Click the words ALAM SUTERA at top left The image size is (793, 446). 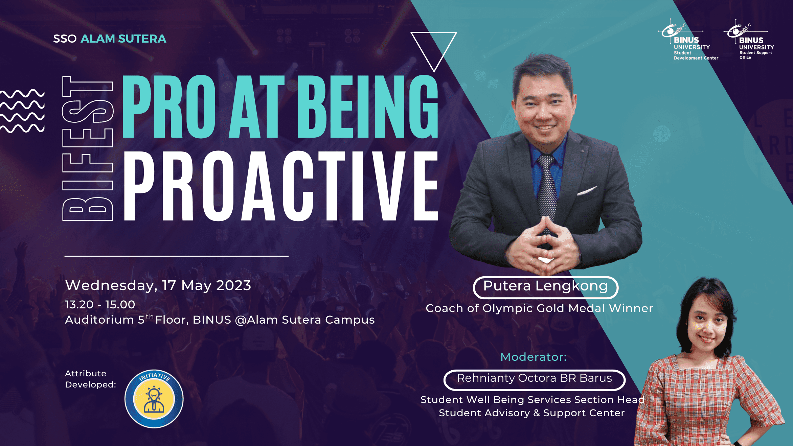pyautogui.click(x=123, y=39)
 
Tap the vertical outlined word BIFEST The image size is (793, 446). pyautogui.click(x=88, y=148)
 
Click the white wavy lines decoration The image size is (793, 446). pyautogui.click(x=22, y=111)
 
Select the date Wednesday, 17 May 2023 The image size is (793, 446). pyautogui.click(x=158, y=285)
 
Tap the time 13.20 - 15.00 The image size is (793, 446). pyautogui.click(x=100, y=304)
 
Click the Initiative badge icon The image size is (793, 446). pyautogui.click(x=154, y=399)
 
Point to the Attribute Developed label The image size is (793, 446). pyautogui.click(x=90, y=379)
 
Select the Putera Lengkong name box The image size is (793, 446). pyautogui.click(x=545, y=287)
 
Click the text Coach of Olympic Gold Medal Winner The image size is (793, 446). pyautogui.click(x=539, y=308)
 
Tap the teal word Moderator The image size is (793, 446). pyautogui.click(x=534, y=357)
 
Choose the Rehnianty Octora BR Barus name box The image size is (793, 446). pyautogui.click(x=534, y=380)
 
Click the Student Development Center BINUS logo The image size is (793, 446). pyautogui.click(x=688, y=40)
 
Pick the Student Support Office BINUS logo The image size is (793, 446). pyautogui.click(x=749, y=40)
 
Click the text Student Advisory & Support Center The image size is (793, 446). pyautogui.click(x=532, y=413)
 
